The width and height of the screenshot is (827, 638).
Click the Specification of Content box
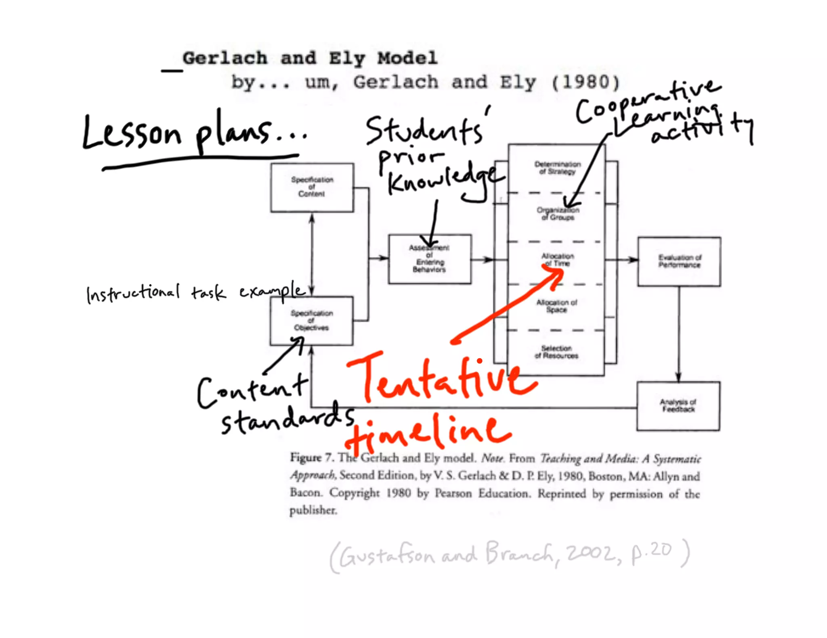point(312,188)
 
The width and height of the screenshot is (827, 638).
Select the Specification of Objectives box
point(311,321)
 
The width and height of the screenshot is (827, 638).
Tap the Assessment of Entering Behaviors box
point(430,259)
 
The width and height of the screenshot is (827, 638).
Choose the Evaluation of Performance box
point(679,262)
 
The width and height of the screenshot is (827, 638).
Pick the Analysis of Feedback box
point(678,406)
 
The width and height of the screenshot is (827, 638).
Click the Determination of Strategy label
point(557,168)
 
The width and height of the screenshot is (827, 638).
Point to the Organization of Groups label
point(558,214)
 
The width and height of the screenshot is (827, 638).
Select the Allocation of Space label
point(556,306)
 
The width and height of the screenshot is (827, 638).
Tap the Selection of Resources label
point(556,352)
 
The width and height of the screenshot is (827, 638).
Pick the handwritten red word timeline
point(428,434)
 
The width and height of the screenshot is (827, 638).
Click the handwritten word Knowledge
point(444,181)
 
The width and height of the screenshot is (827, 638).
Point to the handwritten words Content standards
point(275,405)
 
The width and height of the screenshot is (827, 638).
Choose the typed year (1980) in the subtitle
point(586,83)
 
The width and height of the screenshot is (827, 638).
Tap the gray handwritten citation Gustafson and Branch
point(444,555)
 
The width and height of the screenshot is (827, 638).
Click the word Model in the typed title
point(407,58)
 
